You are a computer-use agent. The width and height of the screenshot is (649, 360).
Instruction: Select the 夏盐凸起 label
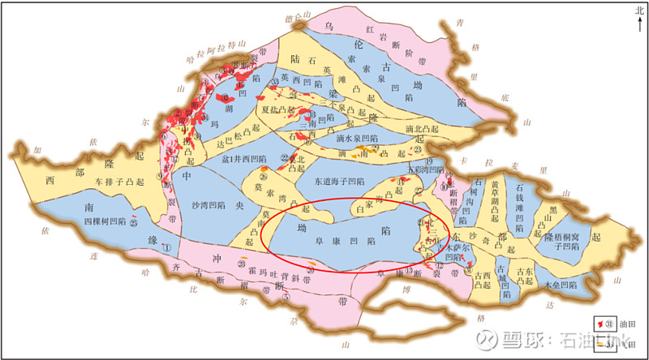[277, 108]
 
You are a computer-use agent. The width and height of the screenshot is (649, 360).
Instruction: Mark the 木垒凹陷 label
[563, 286]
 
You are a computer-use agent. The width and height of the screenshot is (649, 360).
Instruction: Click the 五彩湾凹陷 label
[424, 169]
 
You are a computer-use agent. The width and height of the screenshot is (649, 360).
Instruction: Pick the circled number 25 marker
[134, 221]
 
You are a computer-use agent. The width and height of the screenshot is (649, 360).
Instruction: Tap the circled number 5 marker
[286, 296]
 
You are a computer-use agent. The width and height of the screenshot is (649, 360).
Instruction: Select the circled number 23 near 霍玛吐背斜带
[242, 264]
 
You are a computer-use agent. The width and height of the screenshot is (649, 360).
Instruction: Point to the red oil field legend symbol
[602, 324]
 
